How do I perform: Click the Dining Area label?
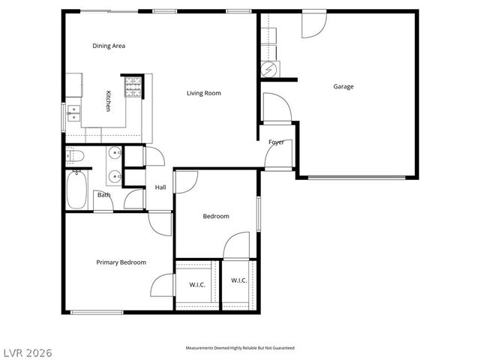point(108,46)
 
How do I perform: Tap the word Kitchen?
point(108,101)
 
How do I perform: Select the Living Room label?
point(204,93)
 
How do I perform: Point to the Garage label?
point(343,86)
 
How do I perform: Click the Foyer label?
point(276,142)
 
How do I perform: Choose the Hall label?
point(160,187)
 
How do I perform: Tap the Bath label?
point(103,195)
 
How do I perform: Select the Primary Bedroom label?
point(121,262)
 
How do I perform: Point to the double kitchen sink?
point(73,114)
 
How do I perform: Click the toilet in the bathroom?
point(75,156)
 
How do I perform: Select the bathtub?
point(77,190)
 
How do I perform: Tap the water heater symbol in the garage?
point(268,70)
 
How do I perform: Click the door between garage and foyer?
point(276,106)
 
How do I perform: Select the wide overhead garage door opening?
point(356,178)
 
